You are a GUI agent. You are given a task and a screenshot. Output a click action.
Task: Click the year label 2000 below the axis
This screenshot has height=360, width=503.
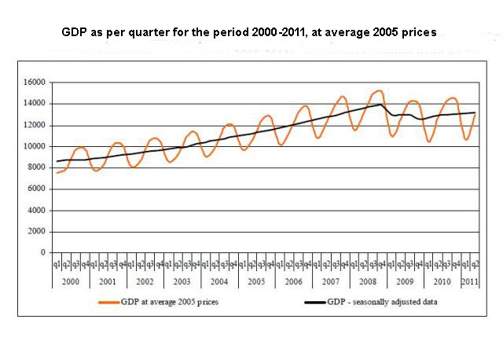tap(71, 281)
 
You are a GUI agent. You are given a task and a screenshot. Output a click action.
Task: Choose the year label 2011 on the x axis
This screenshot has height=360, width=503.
tap(468, 281)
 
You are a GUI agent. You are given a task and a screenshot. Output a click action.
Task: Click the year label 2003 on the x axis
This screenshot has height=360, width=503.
tap(182, 281)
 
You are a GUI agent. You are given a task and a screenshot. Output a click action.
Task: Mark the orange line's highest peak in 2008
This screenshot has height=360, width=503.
tap(379, 90)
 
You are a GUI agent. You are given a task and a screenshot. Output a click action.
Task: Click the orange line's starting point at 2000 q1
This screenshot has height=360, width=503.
tap(57, 172)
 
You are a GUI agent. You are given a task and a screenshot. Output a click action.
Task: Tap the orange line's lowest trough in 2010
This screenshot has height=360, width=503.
tap(429, 141)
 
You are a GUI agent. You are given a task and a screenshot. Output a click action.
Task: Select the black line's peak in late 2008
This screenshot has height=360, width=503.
tap(381, 105)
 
